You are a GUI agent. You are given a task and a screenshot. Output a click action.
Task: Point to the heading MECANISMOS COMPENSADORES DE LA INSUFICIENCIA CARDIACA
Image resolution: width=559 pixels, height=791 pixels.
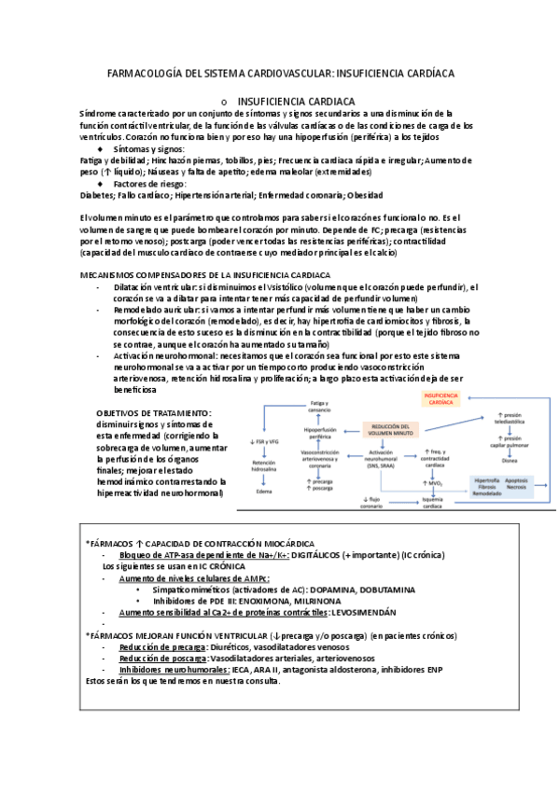[x=204, y=275]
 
